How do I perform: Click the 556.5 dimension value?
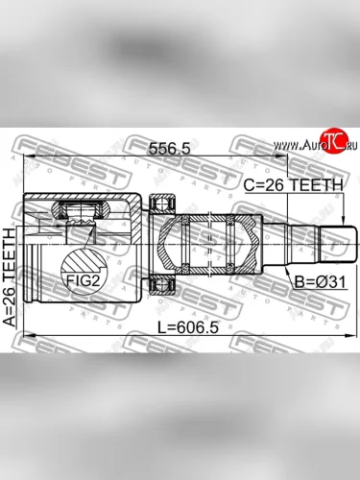(x=170, y=149)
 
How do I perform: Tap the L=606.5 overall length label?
(x=188, y=327)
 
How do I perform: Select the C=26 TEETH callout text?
(x=293, y=185)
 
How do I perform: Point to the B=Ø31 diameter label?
(x=320, y=282)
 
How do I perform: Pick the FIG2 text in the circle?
(x=82, y=281)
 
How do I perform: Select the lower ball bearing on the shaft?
(x=163, y=284)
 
